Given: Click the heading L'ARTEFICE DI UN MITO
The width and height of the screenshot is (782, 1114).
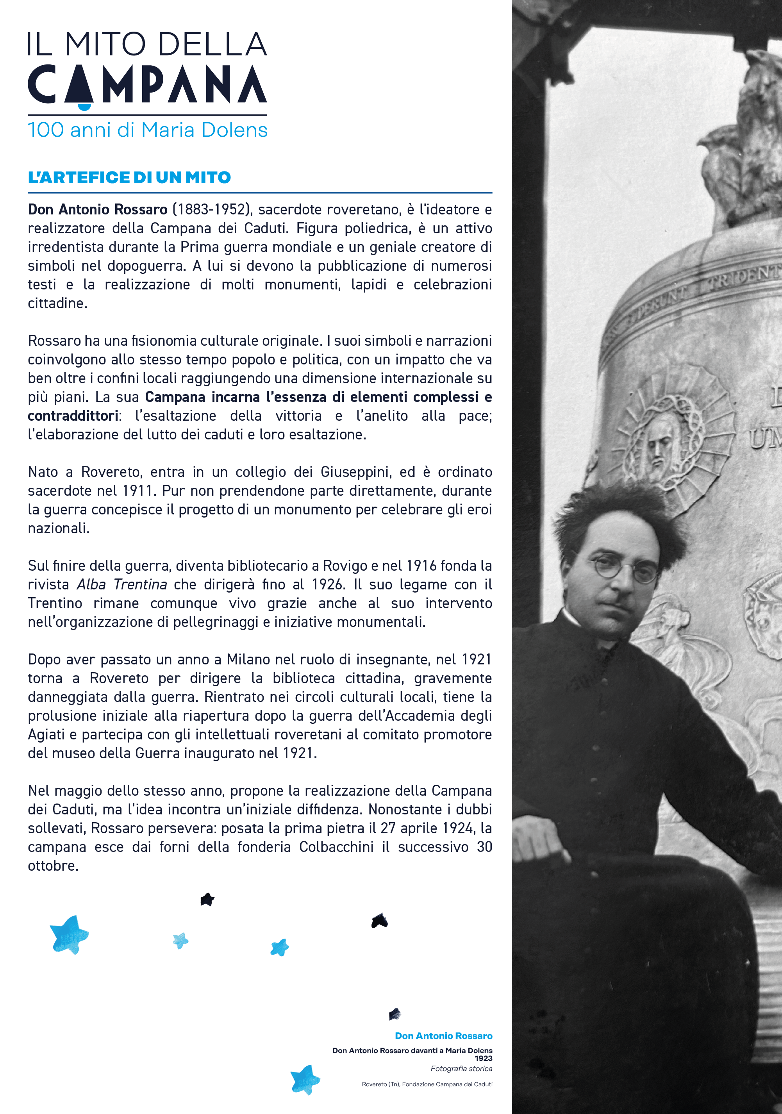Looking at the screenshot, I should pos(129,178).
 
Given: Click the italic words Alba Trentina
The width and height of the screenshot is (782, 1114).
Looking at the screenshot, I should pos(122,584).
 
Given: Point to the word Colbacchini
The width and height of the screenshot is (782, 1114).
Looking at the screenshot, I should pos(336,847).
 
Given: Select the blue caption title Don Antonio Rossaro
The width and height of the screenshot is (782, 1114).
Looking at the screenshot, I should pos(443,1036).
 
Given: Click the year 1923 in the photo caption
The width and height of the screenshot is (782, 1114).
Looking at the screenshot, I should pos(483,1058).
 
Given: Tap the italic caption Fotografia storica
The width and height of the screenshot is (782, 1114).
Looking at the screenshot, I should pos(461,1068).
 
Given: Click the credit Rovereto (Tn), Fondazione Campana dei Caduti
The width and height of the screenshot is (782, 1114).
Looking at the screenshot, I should pos(427,1084).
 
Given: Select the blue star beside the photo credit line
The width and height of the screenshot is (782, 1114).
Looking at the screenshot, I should pos(305,1080).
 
